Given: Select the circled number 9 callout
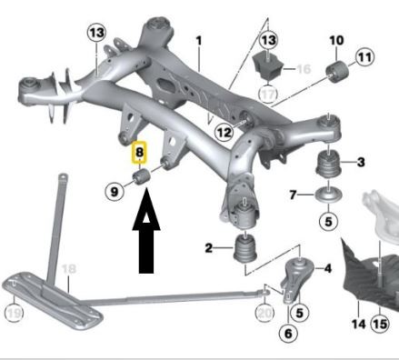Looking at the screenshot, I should [115, 191].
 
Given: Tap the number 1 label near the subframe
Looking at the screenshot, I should [199, 40].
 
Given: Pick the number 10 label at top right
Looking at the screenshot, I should [335, 40].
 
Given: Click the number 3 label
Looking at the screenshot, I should [362, 163].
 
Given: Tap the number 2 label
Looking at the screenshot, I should [209, 247].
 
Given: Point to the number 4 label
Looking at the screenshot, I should [327, 269].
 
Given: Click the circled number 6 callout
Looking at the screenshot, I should [289, 334].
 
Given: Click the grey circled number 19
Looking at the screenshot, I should [12, 315].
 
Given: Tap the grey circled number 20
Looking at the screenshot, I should [264, 312].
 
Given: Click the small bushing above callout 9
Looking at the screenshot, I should [141, 175].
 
